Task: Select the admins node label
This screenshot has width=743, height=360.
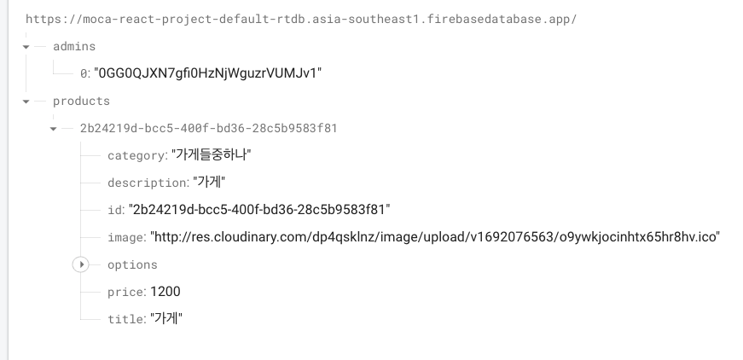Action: (74, 46)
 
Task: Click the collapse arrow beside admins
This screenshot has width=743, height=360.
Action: (26, 46)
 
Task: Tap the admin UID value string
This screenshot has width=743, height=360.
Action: (209, 73)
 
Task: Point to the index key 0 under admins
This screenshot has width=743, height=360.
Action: (84, 73)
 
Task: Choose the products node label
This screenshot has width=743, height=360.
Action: (81, 101)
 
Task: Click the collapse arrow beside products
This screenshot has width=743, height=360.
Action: (26, 101)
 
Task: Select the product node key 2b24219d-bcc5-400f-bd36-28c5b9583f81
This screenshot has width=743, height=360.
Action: (208, 128)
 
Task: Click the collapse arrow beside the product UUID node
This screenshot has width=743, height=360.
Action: (54, 128)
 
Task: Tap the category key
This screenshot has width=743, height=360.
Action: (136, 155)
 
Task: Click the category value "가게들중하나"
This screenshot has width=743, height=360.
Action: (212, 155)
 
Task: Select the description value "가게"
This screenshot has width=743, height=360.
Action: (210, 183)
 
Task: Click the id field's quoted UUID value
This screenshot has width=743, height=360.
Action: (259, 210)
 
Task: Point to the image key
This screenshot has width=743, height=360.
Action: (125, 237)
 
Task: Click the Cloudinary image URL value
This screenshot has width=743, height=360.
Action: (435, 237)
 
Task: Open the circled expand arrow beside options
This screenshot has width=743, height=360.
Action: (81, 264)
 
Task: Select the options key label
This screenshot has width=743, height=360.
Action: (132, 264)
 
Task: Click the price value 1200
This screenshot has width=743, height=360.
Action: (165, 292)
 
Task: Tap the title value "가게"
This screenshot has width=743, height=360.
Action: (166, 319)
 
